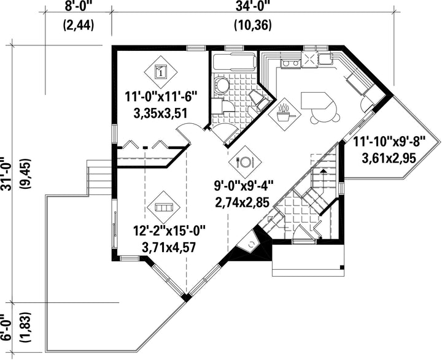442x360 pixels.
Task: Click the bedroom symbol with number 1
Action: (x=161, y=72)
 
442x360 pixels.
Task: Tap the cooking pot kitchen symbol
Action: (x=284, y=114)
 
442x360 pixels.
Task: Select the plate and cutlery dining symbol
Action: (x=245, y=162)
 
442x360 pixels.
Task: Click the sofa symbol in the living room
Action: (x=163, y=207)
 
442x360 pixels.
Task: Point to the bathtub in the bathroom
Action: (x=235, y=62)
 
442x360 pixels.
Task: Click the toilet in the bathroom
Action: (x=221, y=84)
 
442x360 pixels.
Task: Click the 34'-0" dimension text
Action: (x=253, y=6)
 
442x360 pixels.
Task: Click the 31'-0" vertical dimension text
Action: (x=6, y=174)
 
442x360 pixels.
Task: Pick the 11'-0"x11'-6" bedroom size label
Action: (x=161, y=98)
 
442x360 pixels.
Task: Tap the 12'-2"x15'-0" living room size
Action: (x=169, y=231)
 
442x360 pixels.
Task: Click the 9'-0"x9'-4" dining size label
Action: (x=244, y=186)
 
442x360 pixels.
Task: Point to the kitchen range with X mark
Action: (x=309, y=59)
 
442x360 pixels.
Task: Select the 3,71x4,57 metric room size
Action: (x=169, y=248)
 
